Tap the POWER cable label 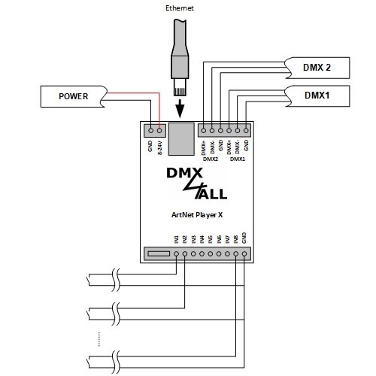[x=74, y=96]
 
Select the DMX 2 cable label [x=317, y=67]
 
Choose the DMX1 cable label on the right [x=317, y=96]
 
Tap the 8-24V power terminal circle [x=159, y=130]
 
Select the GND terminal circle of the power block [x=150, y=130]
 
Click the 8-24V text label [x=159, y=147]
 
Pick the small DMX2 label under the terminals [x=211, y=159]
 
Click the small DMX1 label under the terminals [x=237, y=159]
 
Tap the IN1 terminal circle [x=176, y=254]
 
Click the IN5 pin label [x=211, y=240]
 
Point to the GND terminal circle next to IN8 [x=245, y=254]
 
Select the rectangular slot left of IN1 [x=158, y=254]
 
